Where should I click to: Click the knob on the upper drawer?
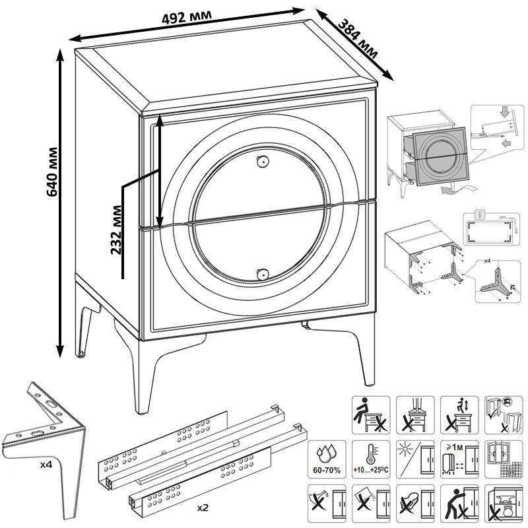pyautogui.click(x=262, y=160)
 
